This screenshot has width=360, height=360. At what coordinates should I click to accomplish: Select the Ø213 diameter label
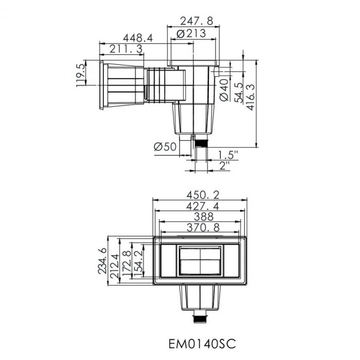191,33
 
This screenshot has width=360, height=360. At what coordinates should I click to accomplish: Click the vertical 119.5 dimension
81,76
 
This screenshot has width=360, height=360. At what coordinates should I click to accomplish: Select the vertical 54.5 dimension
239,93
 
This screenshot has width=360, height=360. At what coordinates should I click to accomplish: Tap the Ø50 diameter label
165,147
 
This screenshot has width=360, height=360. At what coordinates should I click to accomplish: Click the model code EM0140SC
198,342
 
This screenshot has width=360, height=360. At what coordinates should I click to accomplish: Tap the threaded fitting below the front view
200,318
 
